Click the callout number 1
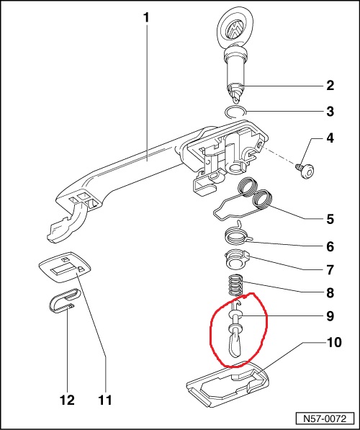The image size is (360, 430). (x=146, y=17)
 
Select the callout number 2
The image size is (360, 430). (x=330, y=86)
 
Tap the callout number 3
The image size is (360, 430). (x=330, y=112)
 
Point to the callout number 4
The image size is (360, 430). (x=330, y=138)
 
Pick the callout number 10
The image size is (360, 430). (x=334, y=342)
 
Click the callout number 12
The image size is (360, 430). (x=67, y=400)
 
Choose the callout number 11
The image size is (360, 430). (x=105, y=400)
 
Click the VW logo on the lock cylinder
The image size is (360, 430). (x=233, y=29)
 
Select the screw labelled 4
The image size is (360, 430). (x=305, y=171)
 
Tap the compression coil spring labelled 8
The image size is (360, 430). (x=236, y=285)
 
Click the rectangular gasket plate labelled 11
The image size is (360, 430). (x=65, y=266)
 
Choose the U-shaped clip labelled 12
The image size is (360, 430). (x=63, y=300)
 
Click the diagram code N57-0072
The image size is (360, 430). (x=325, y=418)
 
